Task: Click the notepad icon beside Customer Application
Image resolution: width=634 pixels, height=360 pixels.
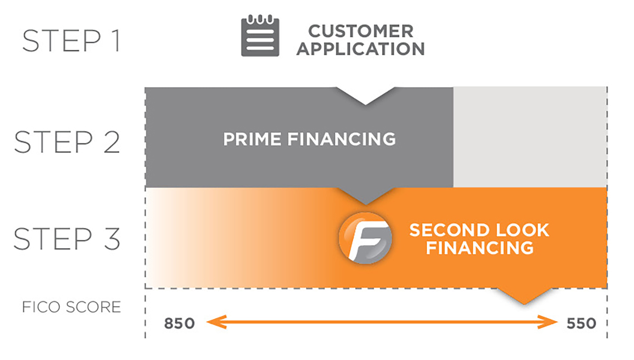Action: click(x=260, y=36)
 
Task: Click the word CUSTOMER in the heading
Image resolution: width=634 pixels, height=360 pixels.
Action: click(x=361, y=31)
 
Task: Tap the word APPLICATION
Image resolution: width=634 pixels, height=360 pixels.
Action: click(x=361, y=49)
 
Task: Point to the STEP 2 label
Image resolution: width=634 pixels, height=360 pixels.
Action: click(x=67, y=142)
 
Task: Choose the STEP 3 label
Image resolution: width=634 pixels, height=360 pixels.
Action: click(x=67, y=239)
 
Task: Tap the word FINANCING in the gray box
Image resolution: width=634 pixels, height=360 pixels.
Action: click(x=341, y=139)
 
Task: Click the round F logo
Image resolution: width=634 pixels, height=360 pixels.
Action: click(x=365, y=238)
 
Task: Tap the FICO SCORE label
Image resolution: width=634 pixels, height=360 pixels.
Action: click(x=72, y=307)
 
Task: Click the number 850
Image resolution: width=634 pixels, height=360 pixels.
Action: click(x=180, y=323)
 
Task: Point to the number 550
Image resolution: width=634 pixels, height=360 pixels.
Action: click(x=581, y=323)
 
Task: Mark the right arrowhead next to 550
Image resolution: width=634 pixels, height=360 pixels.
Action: click(x=548, y=322)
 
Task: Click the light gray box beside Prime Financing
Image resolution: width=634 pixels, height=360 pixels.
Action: click(x=530, y=137)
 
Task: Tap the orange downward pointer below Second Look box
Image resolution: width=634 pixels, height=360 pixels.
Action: click(x=524, y=296)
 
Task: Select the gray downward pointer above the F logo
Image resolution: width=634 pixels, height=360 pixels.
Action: click(x=365, y=196)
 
